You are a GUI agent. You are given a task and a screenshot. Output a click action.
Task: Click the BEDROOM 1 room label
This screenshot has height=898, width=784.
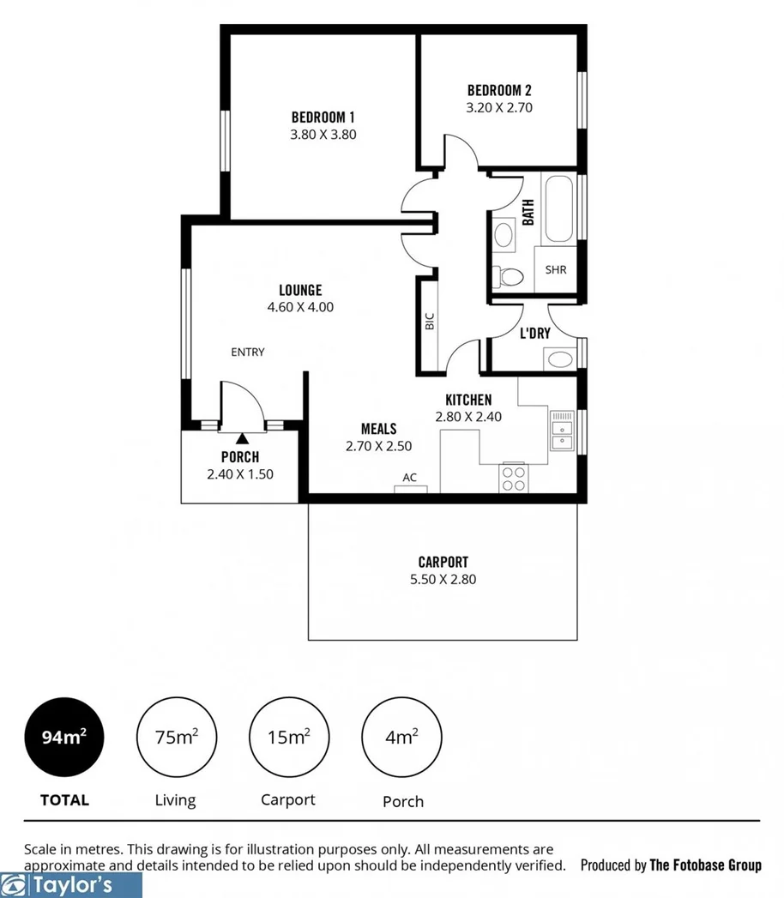pyautogui.click(x=323, y=118)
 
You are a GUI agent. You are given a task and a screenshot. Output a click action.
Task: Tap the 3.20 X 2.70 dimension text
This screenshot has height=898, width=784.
pyautogui.click(x=499, y=108)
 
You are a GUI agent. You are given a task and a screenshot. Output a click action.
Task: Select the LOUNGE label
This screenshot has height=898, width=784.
pyautogui.click(x=300, y=290)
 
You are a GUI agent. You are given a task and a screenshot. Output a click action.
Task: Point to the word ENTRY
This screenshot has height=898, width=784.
pyautogui.click(x=248, y=352)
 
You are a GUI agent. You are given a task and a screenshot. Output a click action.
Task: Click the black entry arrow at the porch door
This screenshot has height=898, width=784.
pyautogui.click(x=241, y=440)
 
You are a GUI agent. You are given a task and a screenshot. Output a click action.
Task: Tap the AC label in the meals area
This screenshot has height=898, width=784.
pyautogui.click(x=410, y=478)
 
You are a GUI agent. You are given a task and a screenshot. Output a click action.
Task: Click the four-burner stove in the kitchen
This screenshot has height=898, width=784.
pyautogui.click(x=513, y=478)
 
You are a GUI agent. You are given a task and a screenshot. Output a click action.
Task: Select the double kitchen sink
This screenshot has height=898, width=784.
pyautogui.click(x=563, y=431)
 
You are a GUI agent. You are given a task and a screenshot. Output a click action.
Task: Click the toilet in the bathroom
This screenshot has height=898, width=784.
pyautogui.click(x=510, y=277)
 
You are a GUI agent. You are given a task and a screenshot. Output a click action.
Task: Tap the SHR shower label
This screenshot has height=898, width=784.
pyautogui.click(x=556, y=270)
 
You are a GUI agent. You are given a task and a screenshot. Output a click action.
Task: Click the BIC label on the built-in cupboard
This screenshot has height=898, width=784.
pyautogui.click(x=429, y=322)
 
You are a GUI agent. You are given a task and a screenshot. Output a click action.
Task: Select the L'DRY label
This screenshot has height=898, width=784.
pyautogui.click(x=534, y=333)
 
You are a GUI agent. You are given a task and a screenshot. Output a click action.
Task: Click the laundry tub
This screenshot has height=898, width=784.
pyautogui.click(x=560, y=359)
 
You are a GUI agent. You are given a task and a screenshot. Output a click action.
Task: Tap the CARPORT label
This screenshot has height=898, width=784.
pyautogui.click(x=443, y=563)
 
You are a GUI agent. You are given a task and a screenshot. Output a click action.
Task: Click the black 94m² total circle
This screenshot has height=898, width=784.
pyautogui.click(x=65, y=737)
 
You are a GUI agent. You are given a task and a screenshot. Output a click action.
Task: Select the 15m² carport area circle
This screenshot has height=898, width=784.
pyautogui.click(x=287, y=737)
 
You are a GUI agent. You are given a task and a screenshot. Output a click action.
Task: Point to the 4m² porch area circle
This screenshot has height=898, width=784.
pyautogui.click(x=402, y=737)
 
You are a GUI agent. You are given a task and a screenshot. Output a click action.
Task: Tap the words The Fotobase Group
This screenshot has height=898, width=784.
pyautogui.click(x=705, y=865)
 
